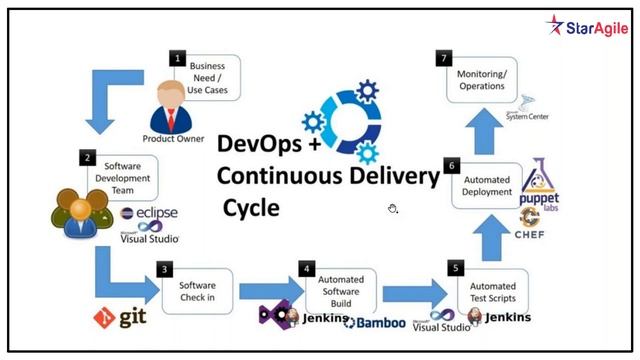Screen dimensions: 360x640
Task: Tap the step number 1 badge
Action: pos(178,59)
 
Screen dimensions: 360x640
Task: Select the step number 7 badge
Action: pos(443,59)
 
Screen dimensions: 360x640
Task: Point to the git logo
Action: pos(118,319)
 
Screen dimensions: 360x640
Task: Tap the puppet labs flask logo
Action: pos(541,186)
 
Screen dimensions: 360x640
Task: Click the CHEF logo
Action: pos(532,234)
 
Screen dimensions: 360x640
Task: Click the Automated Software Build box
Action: pos(341,287)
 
